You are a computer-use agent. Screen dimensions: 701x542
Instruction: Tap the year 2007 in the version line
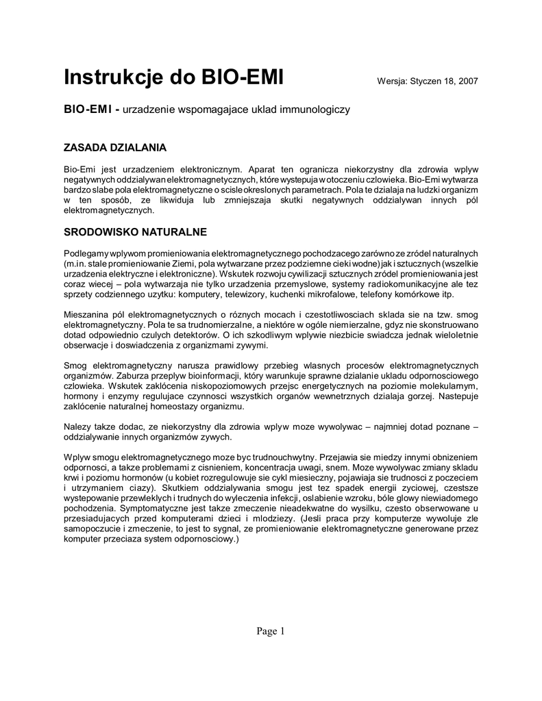tap(467, 81)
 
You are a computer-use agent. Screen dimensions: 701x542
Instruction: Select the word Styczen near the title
tap(426, 81)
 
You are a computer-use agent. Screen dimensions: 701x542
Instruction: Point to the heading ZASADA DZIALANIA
tap(115, 147)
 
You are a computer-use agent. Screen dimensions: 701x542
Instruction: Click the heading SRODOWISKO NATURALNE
tap(135, 232)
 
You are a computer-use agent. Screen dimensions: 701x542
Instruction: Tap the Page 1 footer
tap(271, 631)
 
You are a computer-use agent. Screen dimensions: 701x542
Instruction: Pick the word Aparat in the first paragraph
tap(262, 168)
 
